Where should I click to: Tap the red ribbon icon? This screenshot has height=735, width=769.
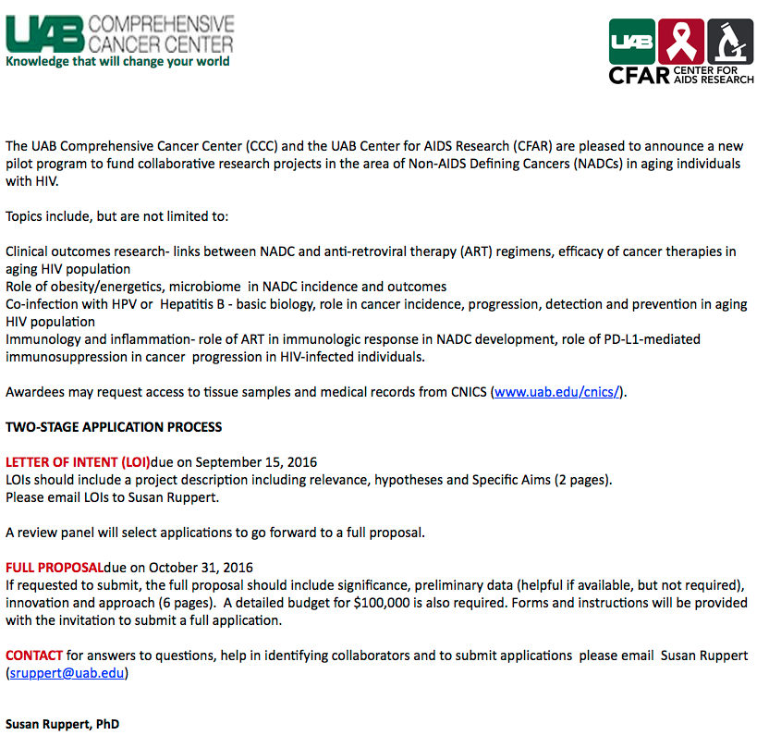click(682, 42)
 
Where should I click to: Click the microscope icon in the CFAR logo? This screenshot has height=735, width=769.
click(730, 42)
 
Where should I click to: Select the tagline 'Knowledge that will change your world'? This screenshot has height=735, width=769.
click(117, 62)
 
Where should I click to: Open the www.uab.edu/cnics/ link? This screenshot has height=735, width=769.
click(557, 392)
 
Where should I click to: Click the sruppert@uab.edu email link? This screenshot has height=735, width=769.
click(68, 673)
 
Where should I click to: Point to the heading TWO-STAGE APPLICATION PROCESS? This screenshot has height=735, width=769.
click(114, 427)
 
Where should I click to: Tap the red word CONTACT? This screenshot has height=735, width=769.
click(34, 655)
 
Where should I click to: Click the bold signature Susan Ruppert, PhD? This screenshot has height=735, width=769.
click(62, 724)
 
